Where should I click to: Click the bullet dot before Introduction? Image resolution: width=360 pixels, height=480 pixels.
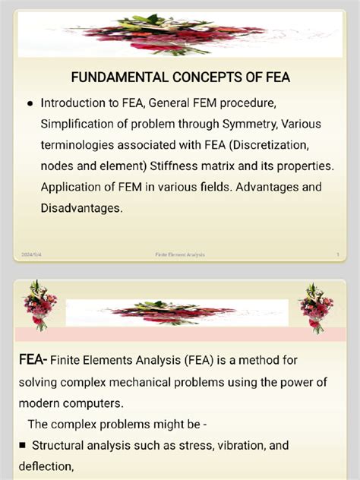click(x=29, y=103)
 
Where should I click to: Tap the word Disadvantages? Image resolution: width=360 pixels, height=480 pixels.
click(x=81, y=207)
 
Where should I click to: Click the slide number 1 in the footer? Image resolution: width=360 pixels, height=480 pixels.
click(x=336, y=254)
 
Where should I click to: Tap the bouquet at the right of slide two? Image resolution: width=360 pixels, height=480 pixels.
click(x=316, y=306)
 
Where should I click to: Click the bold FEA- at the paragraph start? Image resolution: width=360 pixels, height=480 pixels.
click(x=34, y=360)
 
